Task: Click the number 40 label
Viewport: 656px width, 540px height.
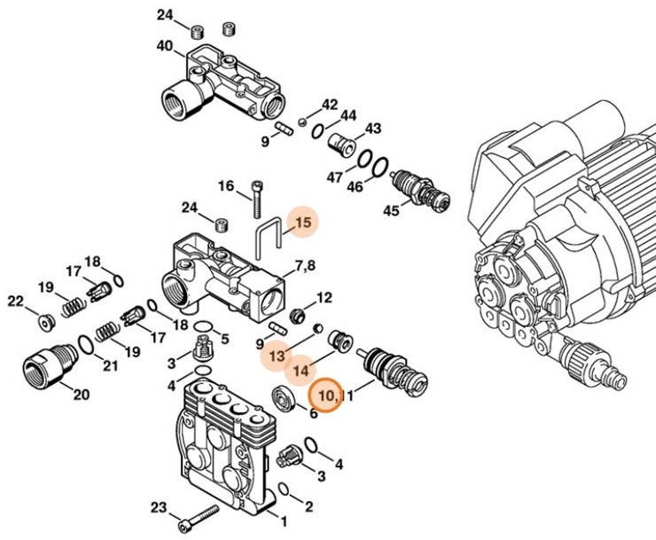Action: click(x=165, y=46)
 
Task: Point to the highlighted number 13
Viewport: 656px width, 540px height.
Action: click(x=278, y=355)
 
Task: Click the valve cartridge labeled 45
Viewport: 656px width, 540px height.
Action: click(x=418, y=188)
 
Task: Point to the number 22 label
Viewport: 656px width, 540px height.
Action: click(x=15, y=302)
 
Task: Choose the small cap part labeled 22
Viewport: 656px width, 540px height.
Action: click(x=43, y=320)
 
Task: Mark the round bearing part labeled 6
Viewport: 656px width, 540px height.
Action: click(x=285, y=398)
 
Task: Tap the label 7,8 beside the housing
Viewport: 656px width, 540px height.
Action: click(x=306, y=266)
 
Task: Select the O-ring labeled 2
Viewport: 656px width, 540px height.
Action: click(x=283, y=489)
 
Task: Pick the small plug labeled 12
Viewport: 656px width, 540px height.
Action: click(x=300, y=315)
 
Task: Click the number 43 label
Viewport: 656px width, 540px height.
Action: click(x=373, y=129)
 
